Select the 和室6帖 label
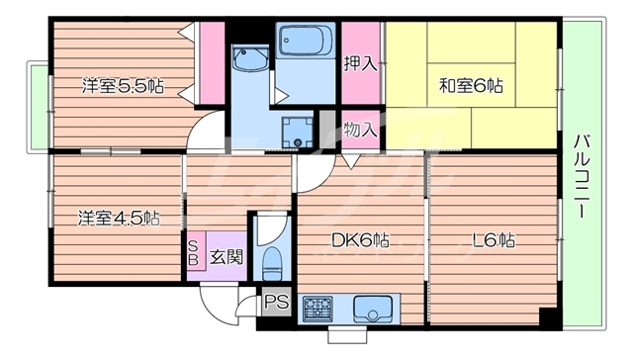[471, 87]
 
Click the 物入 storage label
[360, 129]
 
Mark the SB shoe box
[193, 254]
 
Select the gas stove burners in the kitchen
[318, 308]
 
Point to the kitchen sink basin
[373, 308]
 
